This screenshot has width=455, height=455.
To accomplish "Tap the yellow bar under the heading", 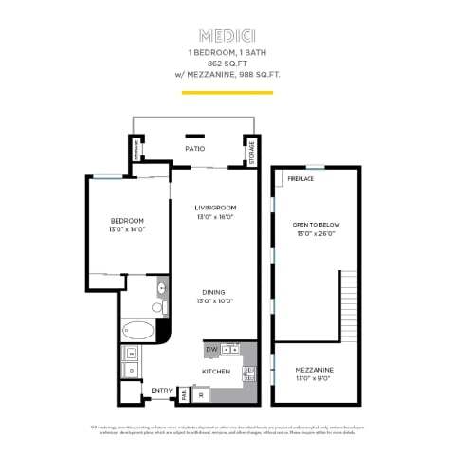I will (227, 94).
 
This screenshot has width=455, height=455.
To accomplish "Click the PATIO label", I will (195, 149).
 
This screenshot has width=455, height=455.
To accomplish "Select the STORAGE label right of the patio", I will (251, 154).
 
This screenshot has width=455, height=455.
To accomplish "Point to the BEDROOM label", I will (125, 220).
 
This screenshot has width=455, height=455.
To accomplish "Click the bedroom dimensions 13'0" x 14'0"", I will (125, 229).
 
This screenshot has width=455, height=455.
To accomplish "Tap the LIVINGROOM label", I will (214, 208).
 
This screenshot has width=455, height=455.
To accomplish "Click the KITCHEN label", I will (216, 372).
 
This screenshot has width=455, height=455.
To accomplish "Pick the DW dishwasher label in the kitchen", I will (211, 349).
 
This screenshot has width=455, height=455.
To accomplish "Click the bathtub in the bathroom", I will (139, 331).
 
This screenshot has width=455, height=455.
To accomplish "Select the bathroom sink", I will (161, 287).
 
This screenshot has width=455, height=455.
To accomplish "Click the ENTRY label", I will (160, 391).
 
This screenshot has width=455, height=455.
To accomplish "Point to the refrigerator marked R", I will (201, 392).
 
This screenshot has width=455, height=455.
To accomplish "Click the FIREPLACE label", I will (300, 177).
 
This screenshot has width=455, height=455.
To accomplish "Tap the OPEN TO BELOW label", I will (316, 224).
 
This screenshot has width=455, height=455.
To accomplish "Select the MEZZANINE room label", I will (316, 369).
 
